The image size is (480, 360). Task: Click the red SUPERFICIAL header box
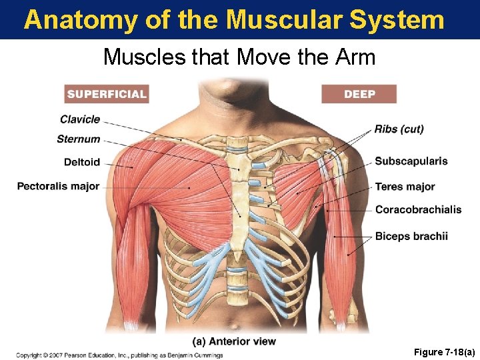107,94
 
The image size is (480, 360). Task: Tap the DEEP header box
359,94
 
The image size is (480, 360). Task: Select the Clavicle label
80,119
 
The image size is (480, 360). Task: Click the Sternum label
79,139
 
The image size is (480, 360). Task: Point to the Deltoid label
82,162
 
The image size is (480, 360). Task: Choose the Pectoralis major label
59,186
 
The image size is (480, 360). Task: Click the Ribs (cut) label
399,129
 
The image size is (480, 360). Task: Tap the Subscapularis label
411,161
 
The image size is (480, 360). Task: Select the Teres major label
405,187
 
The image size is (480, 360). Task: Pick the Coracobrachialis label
418,209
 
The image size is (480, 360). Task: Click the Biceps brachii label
411,236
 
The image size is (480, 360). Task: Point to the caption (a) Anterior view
234,341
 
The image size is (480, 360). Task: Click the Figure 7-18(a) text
443,351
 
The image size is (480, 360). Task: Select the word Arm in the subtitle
357,57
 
